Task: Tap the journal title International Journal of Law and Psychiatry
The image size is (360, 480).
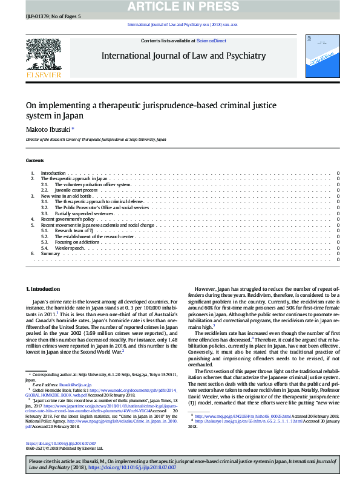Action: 183,56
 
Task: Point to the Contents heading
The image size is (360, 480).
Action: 34,160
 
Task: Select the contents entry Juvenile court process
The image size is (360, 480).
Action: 81,190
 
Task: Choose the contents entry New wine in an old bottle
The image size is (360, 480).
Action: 66,196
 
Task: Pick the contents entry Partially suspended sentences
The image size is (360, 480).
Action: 85,213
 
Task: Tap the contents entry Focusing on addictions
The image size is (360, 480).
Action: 79,242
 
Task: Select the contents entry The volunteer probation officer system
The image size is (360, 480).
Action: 97,184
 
